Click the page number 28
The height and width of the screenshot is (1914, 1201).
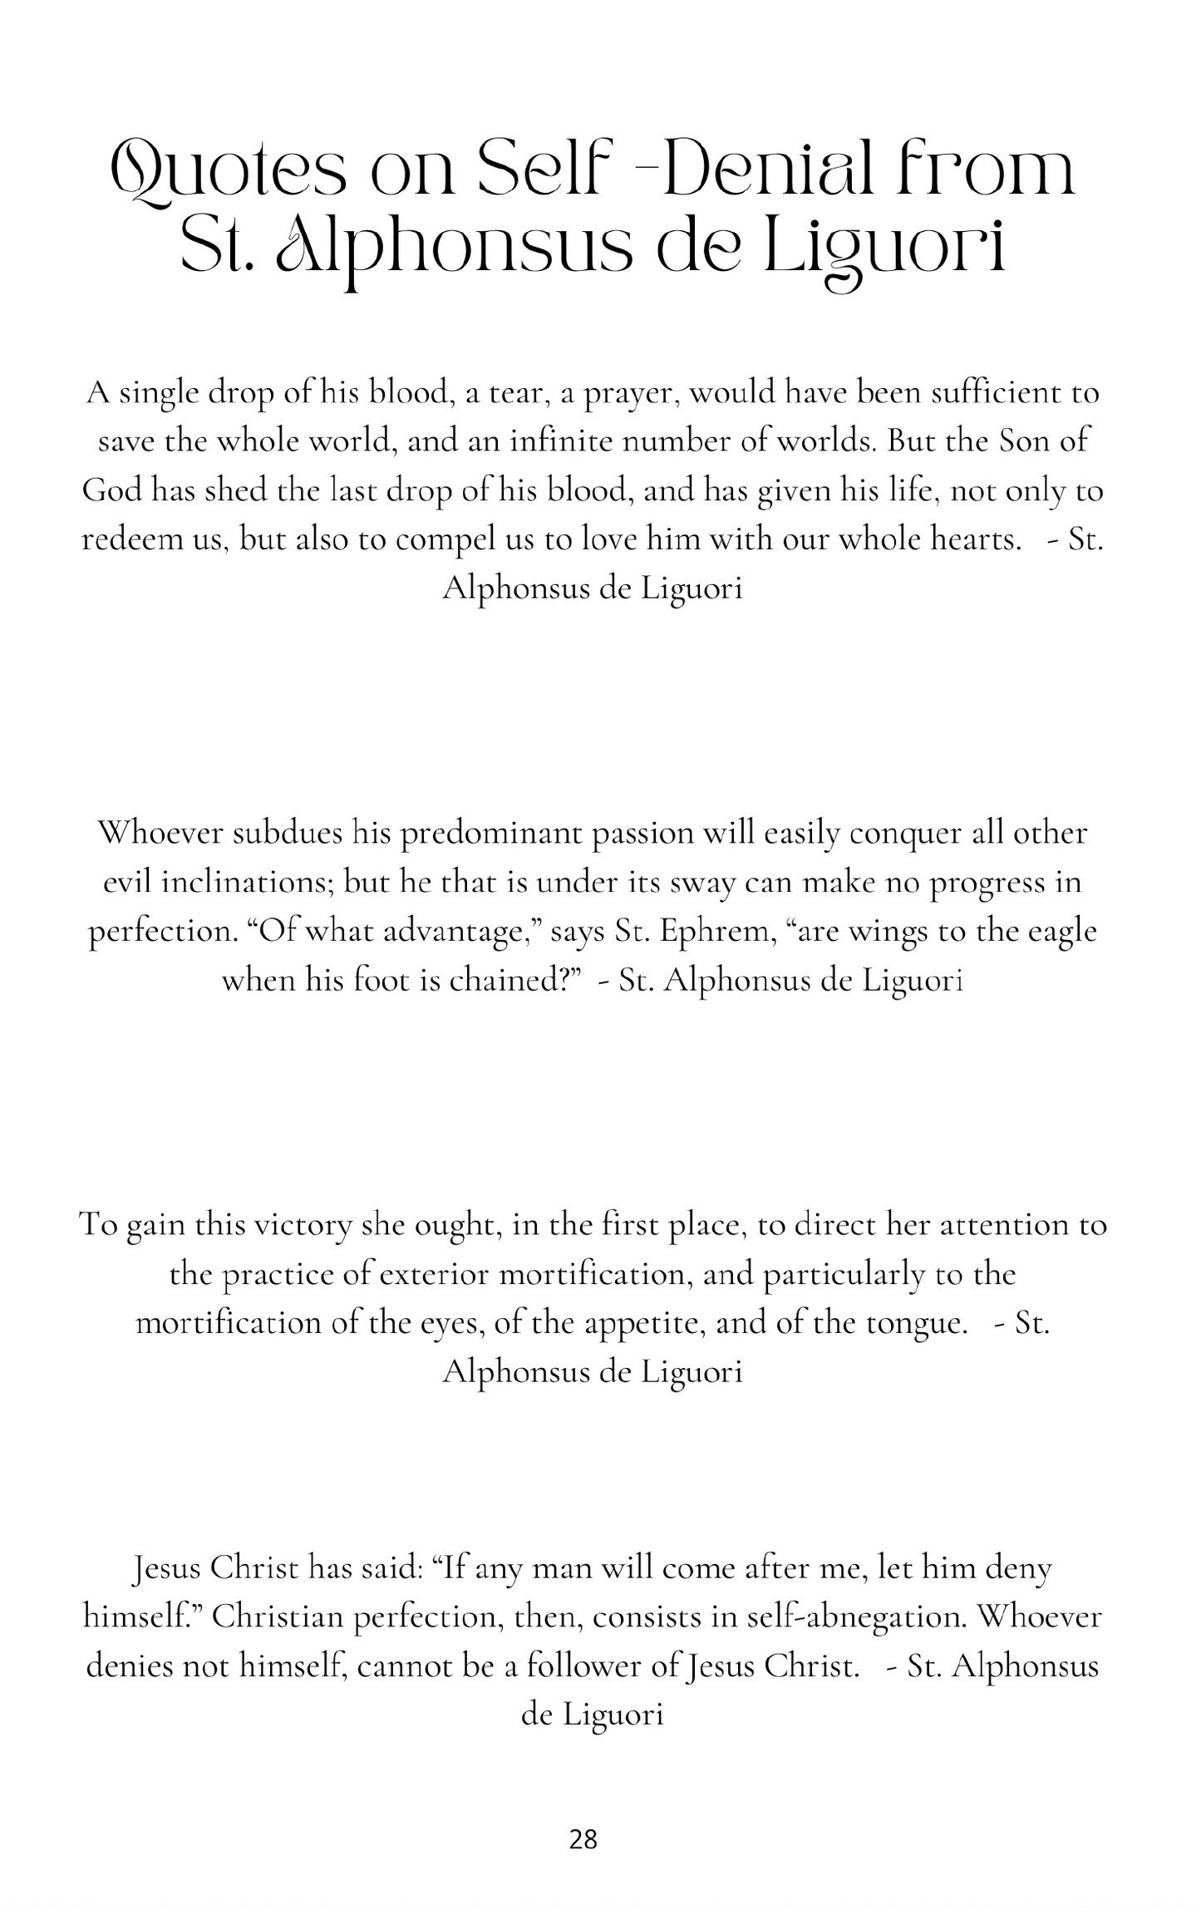[x=583, y=1839]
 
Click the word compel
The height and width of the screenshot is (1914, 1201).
[x=448, y=541]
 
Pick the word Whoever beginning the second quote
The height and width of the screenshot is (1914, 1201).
[x=160, y=833]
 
